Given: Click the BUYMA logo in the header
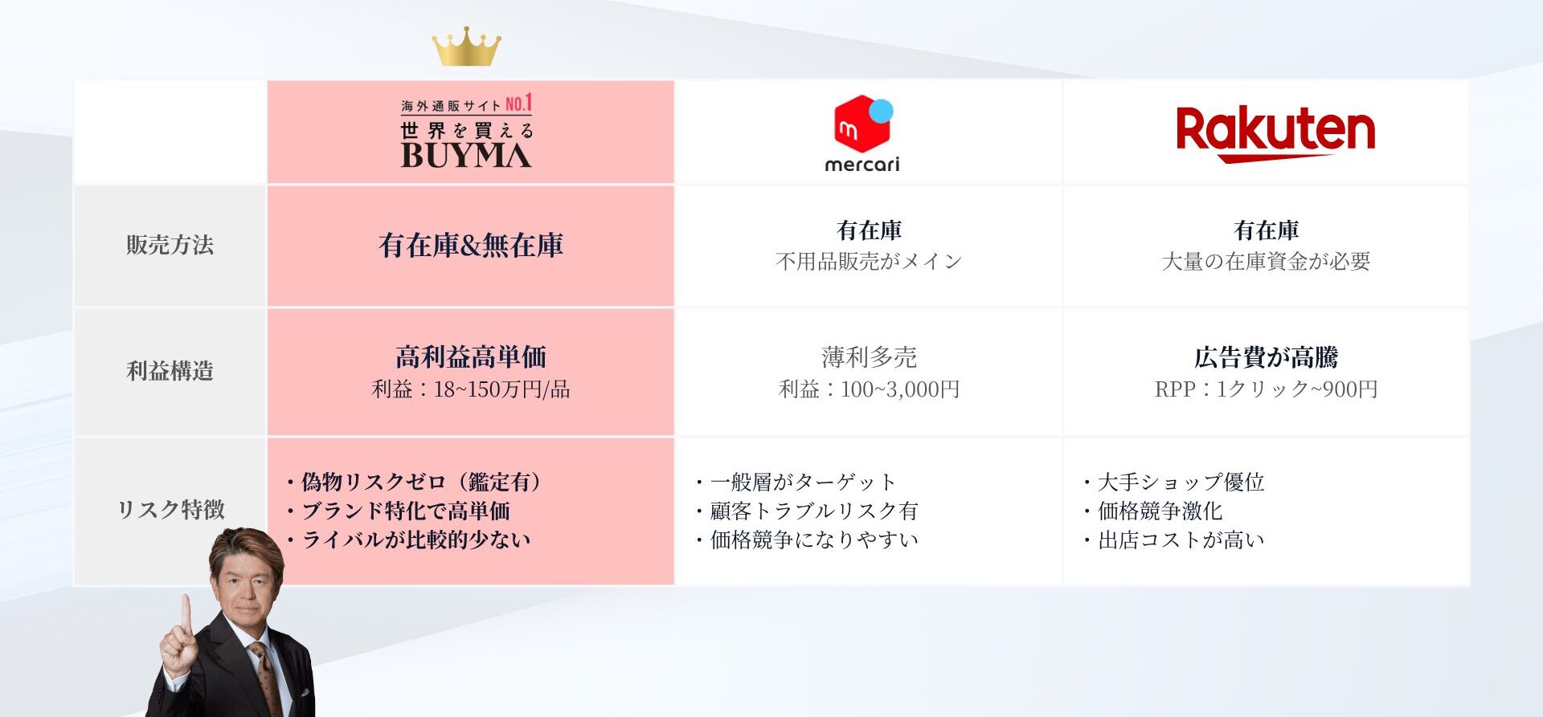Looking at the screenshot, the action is [467, 132].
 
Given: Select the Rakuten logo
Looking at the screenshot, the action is [1275, 133].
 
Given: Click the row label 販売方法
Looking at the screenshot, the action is [170, 245].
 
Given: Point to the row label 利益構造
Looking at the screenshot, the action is [170, 371].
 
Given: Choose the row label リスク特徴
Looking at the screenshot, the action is [170, 510].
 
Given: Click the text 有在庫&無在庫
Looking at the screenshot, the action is [471, 246].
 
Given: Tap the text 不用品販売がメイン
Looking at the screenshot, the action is [869, 262].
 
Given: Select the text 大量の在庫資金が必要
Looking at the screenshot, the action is [1266, 262].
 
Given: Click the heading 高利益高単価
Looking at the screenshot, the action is [471, 356].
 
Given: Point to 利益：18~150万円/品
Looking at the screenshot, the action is [471, 389].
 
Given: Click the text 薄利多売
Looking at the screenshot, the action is [869, 356].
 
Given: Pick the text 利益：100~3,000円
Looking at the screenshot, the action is [869, 389].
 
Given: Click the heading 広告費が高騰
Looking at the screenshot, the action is [1266, 356].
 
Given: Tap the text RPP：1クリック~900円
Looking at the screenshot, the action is [1266, 389].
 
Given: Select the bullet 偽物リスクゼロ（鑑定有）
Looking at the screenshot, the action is [415, 482].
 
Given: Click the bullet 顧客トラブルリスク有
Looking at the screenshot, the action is [807, 511].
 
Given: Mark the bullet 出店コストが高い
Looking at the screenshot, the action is [1173, 540].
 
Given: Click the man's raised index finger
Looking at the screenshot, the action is [186, 614].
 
